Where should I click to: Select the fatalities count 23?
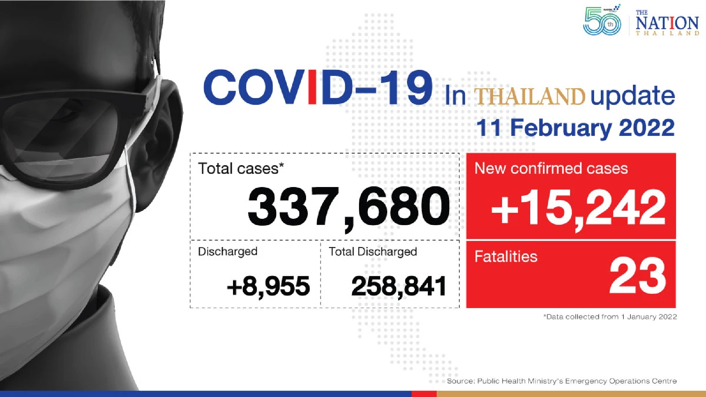(638, 276)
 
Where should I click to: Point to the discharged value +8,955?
(268, 286)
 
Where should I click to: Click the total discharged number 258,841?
(399, 286)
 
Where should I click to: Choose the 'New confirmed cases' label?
(551, 168)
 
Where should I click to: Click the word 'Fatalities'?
(506, 257)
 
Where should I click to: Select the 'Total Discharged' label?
(373, 252)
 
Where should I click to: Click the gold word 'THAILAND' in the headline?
(529, 97)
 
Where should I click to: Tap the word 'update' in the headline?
(633, 96)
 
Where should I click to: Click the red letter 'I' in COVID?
(312, 87)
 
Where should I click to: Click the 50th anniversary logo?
(602, 21)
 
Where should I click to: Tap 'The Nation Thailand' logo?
(667, 23)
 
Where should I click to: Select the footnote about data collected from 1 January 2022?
(610, 317)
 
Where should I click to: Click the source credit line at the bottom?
(562, 381)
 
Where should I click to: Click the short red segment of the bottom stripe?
(424, 393)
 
